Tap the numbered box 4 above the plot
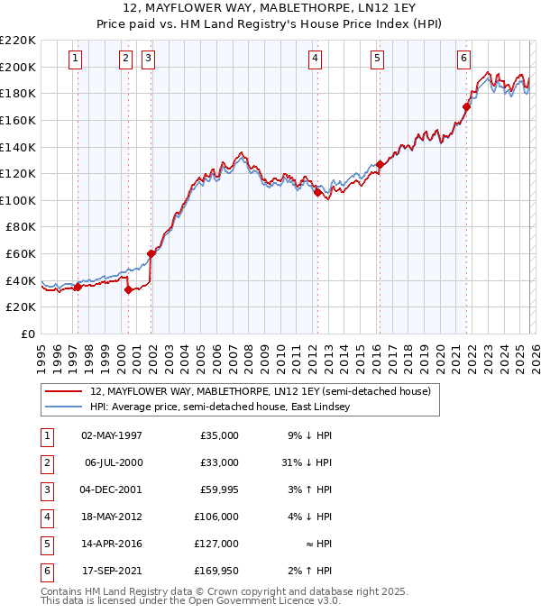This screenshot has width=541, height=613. [315, 59]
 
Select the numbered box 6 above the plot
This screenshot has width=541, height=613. [463, 59]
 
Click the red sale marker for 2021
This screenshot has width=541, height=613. [466, 106]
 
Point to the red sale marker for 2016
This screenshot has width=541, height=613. [380, 164]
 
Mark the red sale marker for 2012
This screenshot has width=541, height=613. [317, 192]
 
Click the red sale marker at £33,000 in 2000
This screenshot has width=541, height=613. [128, 289]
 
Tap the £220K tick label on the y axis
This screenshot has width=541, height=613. [18, 41]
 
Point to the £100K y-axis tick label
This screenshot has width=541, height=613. [18, 200]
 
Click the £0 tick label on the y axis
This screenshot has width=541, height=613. [27, 334]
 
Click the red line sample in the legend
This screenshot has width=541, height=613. [64, 392]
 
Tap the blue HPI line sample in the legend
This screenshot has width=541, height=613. [64, 407]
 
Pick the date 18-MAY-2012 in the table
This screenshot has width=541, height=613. [112, 517]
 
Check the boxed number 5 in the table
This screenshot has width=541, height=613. [46, 544]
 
